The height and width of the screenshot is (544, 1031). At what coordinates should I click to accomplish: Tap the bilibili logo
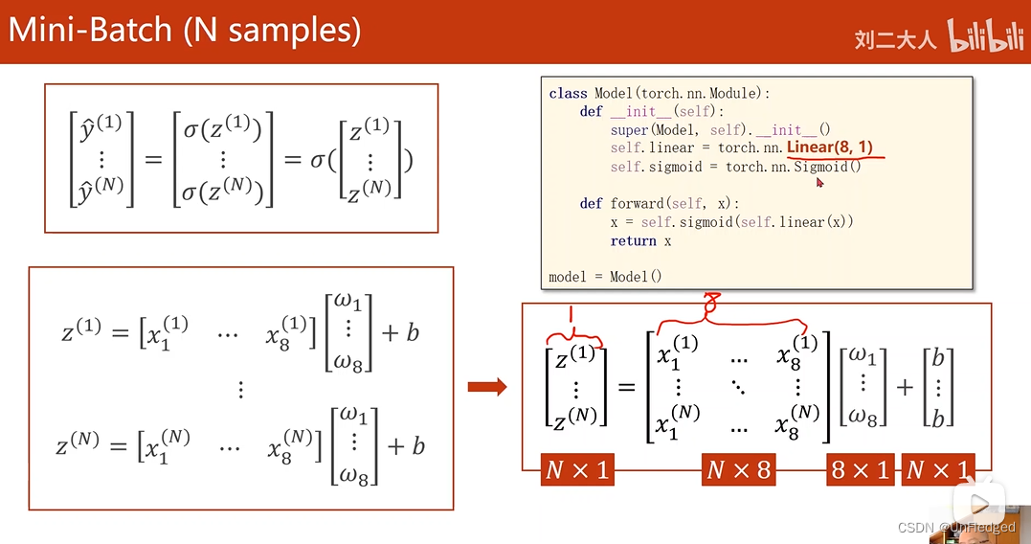pos(985,37)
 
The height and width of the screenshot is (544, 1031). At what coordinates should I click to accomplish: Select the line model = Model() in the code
pos(605,277)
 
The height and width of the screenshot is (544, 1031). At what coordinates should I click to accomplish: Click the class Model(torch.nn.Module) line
pos(660,93)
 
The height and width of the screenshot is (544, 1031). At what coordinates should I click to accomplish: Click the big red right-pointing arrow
pos(487,387)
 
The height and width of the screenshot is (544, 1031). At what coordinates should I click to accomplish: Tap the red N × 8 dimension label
pos(738,469)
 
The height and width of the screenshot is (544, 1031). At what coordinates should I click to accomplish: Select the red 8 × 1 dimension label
pos(861,469)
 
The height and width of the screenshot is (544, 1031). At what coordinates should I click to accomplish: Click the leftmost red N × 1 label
pos(576,469)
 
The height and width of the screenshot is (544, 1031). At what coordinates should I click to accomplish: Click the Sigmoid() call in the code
pos(826,167)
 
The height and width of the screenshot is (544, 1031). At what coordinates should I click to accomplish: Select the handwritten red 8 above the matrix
pos(710,304)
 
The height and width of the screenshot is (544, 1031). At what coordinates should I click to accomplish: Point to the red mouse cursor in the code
pos(820,181)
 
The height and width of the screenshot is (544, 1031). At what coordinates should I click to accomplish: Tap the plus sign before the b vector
pos(905,387)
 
